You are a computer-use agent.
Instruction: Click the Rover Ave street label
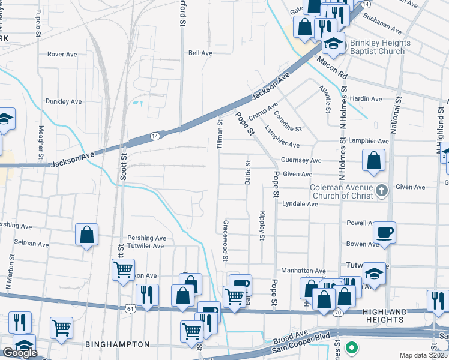click(x=63, y=54)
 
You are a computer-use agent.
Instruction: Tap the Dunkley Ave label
click(x=64, y=101)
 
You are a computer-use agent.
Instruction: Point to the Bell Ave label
click(x=200, y=53)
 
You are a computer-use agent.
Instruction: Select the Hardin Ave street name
click(x=366, y=98)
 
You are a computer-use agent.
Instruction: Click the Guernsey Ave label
click(x=302, y=161)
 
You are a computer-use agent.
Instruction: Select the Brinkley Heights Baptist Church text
click(x=372, y=47)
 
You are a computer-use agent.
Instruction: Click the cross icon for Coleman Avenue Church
click(x=379, y=191)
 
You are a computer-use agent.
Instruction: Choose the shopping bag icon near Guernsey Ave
click(x=373, y=160)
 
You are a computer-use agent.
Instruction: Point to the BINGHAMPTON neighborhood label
click(x=118, y=344)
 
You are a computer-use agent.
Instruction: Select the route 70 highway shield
click(x=338, y=313)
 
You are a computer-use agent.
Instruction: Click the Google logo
click(x=20, y=353)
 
